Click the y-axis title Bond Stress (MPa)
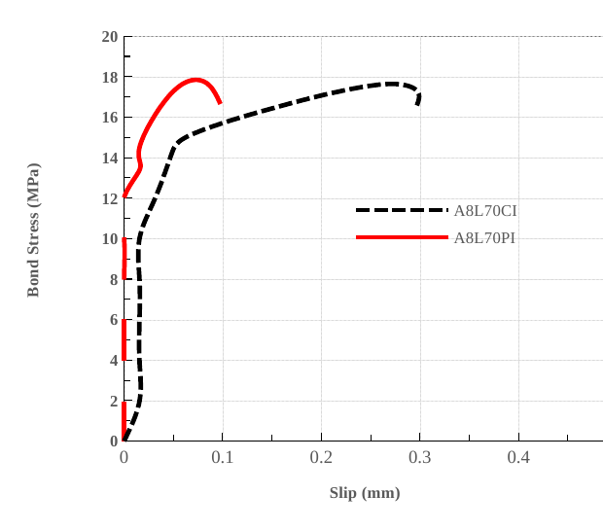click(x=33, y=230)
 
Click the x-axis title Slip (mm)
click(x=365, y=493)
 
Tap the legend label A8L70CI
click(x=485, y=210)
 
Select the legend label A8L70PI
click(x=484, y=237)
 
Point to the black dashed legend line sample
click(x=402, y=210)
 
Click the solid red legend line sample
click(x=402, y=237)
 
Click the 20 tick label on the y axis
click(x=109, y=37)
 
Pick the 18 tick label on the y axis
click(x=109, y=77)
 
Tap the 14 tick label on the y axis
click(x=109, y=159)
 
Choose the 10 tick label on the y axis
click(x=109, y=239)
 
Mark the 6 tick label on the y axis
click(x=113, y=320)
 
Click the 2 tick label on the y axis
click(x=113, y=401)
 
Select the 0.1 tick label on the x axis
click(x=223, y=457)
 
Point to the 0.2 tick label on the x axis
click(x=321, y=457)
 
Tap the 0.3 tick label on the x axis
click(x=420, y=457)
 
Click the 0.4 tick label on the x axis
click(x=518, y=457)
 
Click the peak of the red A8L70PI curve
click(x=195, y=80)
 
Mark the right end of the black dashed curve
click(x=418, y=103)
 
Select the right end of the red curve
click(x=220, y=102)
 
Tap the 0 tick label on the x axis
click(x=124, y=457)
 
